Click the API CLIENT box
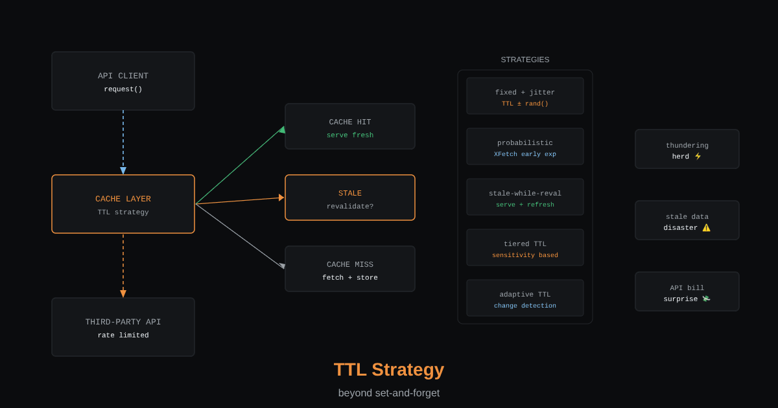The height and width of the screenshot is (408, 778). point(123,81)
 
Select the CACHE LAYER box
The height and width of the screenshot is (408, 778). point(123,204)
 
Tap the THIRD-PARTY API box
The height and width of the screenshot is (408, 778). point(123,327)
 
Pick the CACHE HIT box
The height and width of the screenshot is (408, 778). point(349,126)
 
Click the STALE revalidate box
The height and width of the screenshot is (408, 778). point(349,198)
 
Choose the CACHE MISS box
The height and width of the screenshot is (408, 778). point(349,269)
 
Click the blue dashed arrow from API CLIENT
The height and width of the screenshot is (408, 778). point(123,142)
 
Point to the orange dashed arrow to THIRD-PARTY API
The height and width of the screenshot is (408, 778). point(123,266)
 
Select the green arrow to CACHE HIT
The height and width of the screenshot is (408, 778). point(241,165)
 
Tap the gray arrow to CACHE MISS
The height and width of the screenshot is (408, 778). point(241,236)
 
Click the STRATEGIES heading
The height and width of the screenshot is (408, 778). point(525,60)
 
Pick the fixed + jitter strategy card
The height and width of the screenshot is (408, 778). point(525,96)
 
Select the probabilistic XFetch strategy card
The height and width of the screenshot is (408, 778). point(525,146)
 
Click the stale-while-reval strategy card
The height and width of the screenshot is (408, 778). point(525,197)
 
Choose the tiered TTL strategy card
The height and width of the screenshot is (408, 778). point(525,247)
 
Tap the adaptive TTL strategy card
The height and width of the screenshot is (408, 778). point(525,298)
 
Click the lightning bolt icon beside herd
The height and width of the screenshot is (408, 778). point(698,156)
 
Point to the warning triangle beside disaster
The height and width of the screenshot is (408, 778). point(706,227)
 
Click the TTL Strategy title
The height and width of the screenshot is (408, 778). point(388,370)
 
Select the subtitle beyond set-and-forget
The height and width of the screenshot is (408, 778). point(388,392)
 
